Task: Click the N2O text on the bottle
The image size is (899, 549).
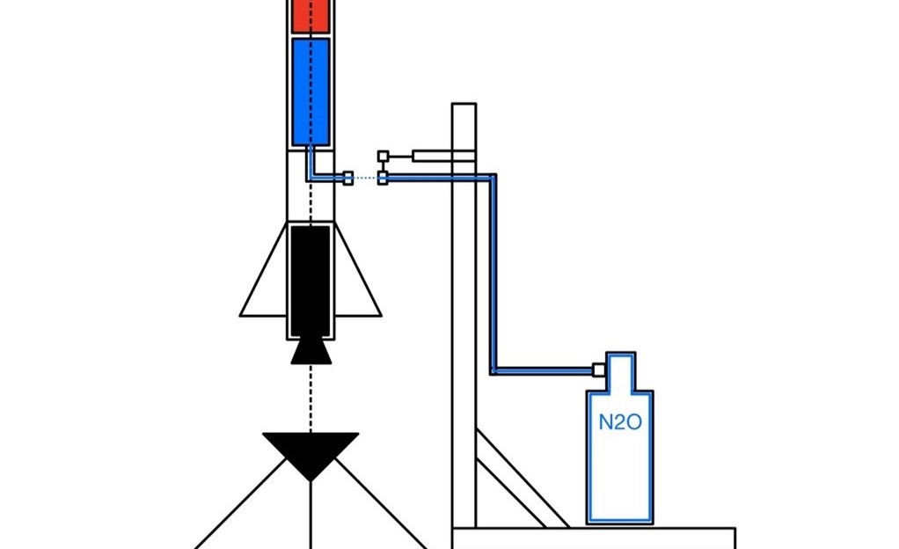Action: (619, 422)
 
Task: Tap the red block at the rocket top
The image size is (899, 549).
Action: (311, 16)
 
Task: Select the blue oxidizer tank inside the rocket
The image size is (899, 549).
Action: (311, 91)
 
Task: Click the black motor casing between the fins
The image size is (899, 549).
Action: (311, 281)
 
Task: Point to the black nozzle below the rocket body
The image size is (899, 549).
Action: (311, 351)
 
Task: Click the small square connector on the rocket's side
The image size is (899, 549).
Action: (347, 179)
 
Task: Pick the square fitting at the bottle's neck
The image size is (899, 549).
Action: (598, 370)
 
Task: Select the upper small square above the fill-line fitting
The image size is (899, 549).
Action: (383, 156)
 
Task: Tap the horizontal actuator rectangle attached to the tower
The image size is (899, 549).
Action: (443, 156)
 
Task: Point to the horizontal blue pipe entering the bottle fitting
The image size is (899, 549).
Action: (543, 371)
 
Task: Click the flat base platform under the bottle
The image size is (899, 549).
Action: (594, 538)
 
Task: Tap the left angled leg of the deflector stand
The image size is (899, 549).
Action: (241, 503)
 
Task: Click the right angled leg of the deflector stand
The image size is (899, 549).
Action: (381, 503)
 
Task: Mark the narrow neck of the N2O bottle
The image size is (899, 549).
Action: (620, 372)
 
